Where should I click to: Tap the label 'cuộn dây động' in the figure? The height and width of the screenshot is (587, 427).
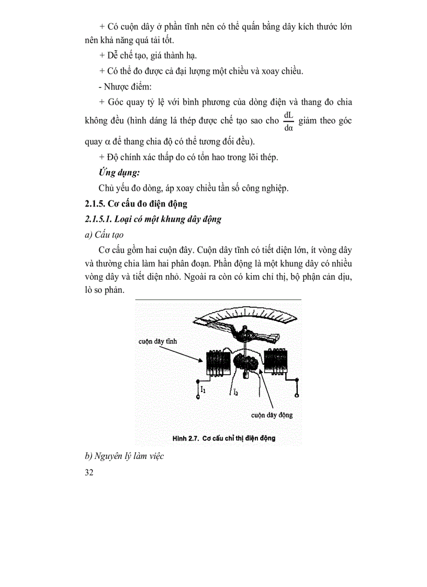click(x=272, y=415)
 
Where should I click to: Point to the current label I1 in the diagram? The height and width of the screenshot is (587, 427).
click(x=204, y=389)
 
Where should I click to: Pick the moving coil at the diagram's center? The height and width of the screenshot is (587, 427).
click(x=246, y=361)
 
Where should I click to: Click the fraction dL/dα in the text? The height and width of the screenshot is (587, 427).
click(x=288, y=121)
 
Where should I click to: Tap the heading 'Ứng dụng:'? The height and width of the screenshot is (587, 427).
click(x=119, y=172)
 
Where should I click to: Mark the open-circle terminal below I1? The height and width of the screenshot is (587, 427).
click(x=197, y=398)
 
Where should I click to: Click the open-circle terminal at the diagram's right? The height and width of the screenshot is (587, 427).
click(x=297, y=398)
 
